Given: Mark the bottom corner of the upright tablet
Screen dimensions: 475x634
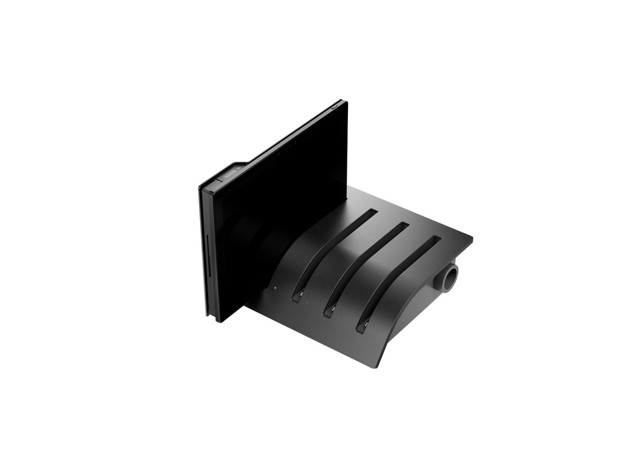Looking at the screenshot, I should tap(217, 320).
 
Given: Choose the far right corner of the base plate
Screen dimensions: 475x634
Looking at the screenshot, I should tap(471, 238).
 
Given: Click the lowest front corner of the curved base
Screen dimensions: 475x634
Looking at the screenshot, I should tap(375, 366).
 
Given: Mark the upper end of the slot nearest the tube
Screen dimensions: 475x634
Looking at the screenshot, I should tap(437, 238).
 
